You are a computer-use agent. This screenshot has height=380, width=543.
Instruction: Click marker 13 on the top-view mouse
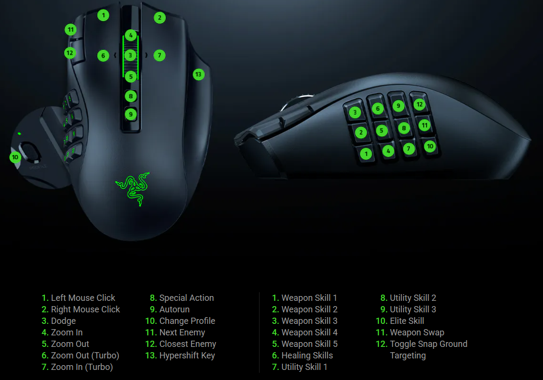[x=198, y=74]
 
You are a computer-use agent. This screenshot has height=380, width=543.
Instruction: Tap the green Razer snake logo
[x=133, y=188]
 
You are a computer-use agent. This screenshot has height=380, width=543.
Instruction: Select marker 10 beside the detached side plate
[x=15, y=157]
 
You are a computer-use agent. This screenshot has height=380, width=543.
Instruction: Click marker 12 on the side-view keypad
[x=419, y=104]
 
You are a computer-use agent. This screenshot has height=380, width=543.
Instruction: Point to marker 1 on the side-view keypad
[x=366, y=154]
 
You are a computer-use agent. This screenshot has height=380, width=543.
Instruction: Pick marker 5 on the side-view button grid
[x=382, y=131]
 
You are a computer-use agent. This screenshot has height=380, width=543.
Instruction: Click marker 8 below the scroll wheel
[x=131, y=96]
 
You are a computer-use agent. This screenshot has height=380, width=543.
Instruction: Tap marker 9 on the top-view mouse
[x=131, y=114]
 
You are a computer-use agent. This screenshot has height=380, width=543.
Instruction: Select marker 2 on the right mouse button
[x=159, y=18]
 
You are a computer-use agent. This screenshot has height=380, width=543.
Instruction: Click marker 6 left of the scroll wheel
[x=103, y=56]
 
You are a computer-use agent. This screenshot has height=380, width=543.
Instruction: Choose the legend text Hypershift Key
[x=187, y=356]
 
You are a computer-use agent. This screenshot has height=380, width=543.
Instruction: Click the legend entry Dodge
[x=63, y=321]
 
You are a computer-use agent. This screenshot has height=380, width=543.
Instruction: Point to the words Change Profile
[x=187, y=321]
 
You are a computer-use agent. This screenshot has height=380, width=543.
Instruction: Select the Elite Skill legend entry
[x=407, y=321]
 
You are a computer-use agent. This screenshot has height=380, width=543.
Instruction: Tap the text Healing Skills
[x=307, y=356]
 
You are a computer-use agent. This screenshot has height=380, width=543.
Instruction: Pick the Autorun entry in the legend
[x=174, y=309]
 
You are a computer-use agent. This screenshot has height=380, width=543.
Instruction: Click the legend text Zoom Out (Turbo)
[x=85, y=356]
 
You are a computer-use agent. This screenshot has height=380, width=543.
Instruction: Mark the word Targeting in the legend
[x=407, y=356]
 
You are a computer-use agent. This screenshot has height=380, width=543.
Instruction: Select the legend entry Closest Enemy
[x=188, y=344]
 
